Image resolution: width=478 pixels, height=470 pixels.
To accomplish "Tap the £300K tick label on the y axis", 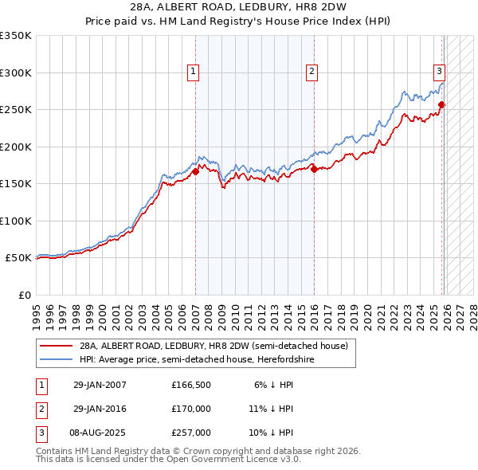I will [16, 72].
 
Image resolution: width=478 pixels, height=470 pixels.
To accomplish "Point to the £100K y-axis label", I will [16, 221].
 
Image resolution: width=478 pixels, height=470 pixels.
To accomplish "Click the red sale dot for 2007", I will [195, 171].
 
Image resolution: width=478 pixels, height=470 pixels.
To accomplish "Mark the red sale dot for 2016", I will [314, 169].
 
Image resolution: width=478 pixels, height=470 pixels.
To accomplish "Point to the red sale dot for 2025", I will [442, 104].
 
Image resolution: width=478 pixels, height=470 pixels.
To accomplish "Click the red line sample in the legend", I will [57, 347].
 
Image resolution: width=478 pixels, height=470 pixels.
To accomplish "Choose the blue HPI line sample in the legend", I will [57, 359].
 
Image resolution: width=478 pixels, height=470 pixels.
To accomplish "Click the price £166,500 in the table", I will [191, 385].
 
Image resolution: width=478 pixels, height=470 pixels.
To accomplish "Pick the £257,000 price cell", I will [191, 433].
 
